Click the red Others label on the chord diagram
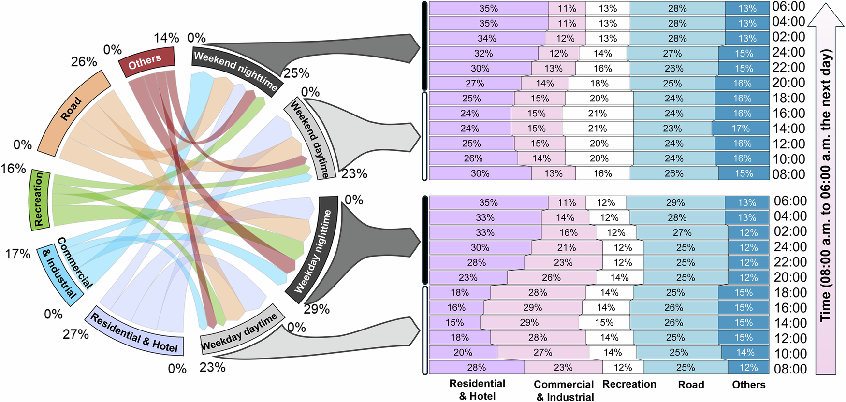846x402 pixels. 145,61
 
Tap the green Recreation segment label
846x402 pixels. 39,199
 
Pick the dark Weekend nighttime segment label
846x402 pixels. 235,70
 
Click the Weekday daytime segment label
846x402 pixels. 239,331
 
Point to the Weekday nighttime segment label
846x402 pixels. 313,251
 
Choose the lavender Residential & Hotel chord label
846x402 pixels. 134,332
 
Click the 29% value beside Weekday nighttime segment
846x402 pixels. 317,309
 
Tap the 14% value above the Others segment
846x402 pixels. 166,38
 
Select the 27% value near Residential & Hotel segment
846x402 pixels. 76,334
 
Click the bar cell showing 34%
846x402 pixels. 487,38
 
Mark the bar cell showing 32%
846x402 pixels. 483,53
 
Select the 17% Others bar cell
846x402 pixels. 740,129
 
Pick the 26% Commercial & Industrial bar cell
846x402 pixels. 551,277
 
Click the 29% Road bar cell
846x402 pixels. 675,202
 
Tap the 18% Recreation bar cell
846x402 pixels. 599,83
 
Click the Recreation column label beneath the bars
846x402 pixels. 629,384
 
